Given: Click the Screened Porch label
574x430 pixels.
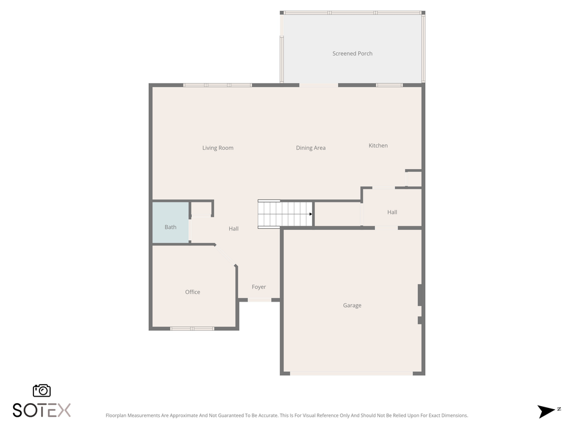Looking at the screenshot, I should [352, 54].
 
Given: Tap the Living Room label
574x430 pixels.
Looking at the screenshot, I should [218, 148].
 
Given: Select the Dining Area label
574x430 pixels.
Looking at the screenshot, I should [310, 148].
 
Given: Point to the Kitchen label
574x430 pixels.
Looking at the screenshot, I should [378, 146].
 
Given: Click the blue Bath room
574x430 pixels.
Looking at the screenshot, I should [170, 223].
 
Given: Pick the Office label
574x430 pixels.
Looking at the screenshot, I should [193, 292].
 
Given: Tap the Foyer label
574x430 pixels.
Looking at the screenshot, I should [258, 287].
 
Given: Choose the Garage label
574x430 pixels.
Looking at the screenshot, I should [352, 306].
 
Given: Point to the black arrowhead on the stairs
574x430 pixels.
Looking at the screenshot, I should [310, 214].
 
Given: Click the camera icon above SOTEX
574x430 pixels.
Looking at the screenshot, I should [42, 391].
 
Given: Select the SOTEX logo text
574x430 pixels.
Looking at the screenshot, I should [42, 410].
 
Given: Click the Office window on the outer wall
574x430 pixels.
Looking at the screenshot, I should [192, 328].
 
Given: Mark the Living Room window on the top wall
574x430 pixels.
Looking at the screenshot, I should [218, 85].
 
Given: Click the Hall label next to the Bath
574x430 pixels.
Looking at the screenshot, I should [234, 229].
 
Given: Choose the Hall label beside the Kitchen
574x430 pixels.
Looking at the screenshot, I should [392, 212].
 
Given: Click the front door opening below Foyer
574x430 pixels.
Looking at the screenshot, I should [259, 300].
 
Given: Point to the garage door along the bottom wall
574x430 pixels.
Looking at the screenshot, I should [351, 374].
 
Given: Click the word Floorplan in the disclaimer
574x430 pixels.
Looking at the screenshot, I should [117, 416].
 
